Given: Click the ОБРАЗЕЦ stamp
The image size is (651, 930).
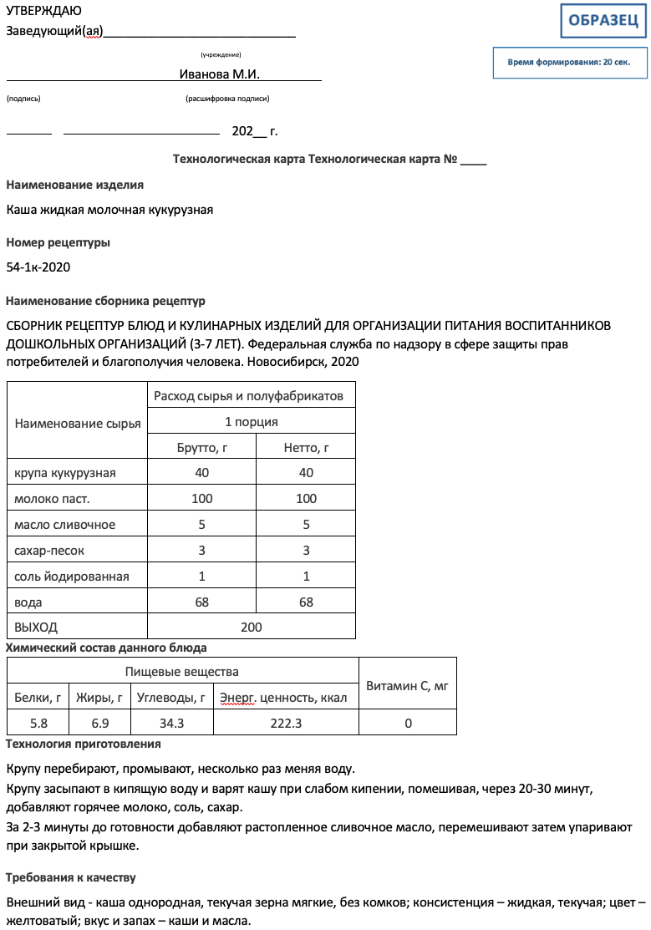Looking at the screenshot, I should (603, 21).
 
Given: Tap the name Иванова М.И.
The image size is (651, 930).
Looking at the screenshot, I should (220, 74).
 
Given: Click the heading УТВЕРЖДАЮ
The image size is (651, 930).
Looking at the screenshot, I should (43, 11).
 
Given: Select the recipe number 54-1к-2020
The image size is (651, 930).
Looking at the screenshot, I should (38, 267).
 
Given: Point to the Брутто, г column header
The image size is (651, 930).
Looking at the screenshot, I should (202, 448).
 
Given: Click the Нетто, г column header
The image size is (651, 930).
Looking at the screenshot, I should (306, 448).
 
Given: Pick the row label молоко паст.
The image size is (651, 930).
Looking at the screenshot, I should (52, 499).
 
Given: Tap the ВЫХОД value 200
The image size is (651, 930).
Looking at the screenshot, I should (251, 628).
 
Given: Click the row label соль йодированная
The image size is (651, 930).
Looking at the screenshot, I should (72, 577).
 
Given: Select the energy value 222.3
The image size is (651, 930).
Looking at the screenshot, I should (286, 723).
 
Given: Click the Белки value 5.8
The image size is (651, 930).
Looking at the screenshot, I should (38, 723).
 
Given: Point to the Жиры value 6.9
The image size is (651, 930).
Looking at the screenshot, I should (99, 723).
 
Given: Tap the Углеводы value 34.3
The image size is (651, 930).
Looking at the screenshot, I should (171, 723).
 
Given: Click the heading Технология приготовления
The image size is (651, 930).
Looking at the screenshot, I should (84, 744).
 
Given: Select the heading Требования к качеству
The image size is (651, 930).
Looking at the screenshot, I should (71, 878).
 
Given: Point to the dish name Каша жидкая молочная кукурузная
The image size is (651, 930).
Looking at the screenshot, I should (109, 210).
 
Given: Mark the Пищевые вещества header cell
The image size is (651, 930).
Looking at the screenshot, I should (182, 672).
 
